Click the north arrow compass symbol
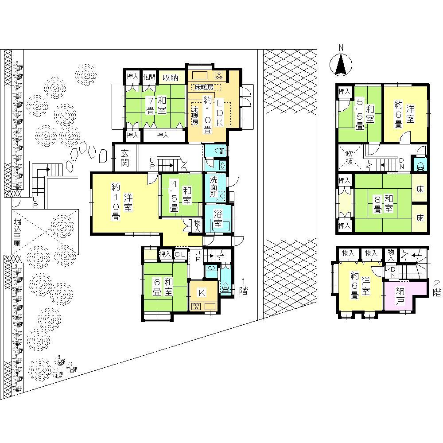point(340,65)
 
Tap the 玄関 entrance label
point(125,158)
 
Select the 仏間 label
point(149,77)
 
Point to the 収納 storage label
point(170,77)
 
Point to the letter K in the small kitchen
point(201,292)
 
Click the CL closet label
point(179,254)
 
